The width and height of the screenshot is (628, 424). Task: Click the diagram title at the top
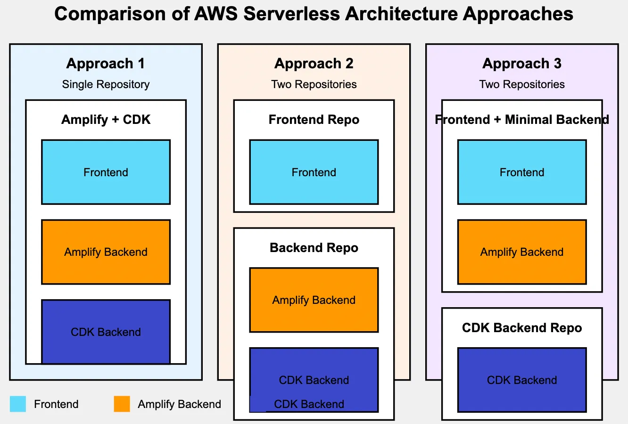pos(314,14)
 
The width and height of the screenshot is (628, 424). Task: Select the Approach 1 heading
pos(106,64)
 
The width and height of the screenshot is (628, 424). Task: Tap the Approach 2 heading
pos(314,64)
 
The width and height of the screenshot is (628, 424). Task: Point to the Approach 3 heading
pos(522,64)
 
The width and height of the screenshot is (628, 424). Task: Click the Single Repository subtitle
pos(106,84)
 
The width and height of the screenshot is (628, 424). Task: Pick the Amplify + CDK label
pos(106,120)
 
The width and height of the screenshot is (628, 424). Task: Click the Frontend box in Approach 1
pos(106,172)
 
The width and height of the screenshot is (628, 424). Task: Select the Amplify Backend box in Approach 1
pos(106,252)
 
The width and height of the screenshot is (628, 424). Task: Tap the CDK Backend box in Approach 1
pos(106,332)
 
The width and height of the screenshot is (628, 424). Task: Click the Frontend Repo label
pos(314,120)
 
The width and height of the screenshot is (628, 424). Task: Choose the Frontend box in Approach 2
pos(314,172)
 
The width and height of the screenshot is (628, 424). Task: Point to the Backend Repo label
pos(314,248)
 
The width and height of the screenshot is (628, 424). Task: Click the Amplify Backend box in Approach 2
pos(314,300)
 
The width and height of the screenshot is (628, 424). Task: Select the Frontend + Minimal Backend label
pos(522,120)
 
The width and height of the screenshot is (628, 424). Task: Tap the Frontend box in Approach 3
pos(522,172)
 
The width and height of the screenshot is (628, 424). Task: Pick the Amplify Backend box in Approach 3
pos(522,252)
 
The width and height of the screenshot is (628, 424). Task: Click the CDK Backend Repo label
pos(522,328)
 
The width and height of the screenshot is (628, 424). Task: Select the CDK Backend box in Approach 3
pos(522,380)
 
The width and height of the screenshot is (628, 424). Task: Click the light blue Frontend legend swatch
pos(18,404)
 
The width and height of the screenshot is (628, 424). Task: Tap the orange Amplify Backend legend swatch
pos(122,404)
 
